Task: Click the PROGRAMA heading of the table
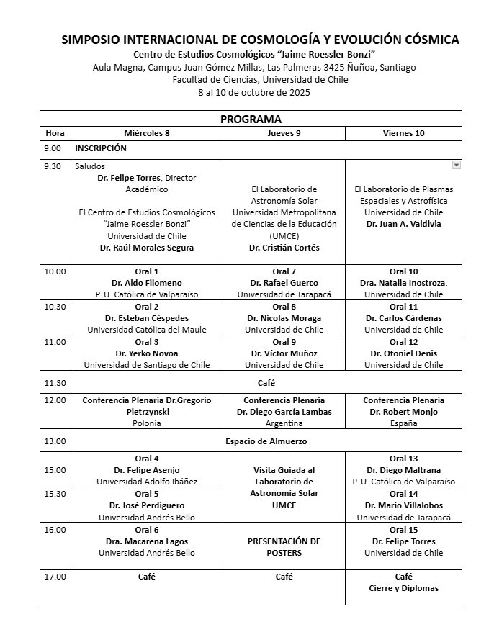tap(251, 119)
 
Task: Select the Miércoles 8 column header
tap(147, 133)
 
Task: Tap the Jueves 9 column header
tap(284, 133)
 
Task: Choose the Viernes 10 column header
tap(403, 133)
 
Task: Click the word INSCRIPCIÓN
tap(101, 148)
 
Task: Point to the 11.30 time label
tap(55, 383)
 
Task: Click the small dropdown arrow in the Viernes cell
tap(456, 165)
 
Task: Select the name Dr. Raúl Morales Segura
tap(147, 248)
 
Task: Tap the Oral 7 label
tap(284, 271)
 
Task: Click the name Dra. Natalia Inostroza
tap(403, 283)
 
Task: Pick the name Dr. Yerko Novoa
tap(147, 353)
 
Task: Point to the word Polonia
tap(147, 423)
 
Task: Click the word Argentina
tap(284, 423)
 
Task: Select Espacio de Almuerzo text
tap(266, 441)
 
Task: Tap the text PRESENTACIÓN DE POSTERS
tap(284, 547)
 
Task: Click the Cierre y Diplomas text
tap(403, 588)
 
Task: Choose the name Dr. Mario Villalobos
tap(403, 505)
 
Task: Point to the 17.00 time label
tap(55, 577)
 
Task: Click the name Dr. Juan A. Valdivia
tap(403, 224)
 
